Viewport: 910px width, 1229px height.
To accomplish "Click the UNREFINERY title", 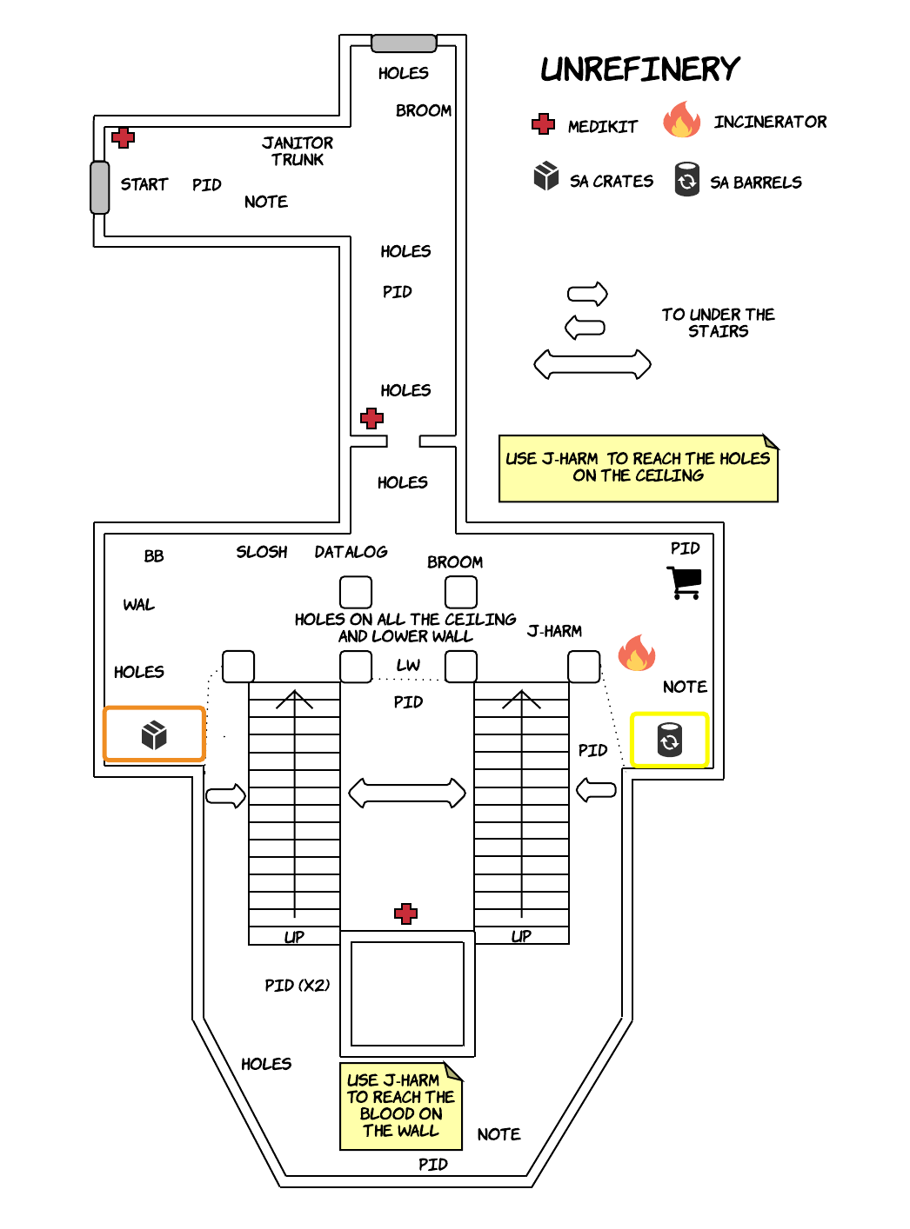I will tap(639, 69).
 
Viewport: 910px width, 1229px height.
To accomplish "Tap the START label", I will tap(144, 184).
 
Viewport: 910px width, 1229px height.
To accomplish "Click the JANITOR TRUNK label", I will tap(298, 150).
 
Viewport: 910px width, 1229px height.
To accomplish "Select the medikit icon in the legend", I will tap(544, 124).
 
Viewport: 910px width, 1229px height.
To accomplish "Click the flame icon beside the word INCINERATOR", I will tap(682, 121).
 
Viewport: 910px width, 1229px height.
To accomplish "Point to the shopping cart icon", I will tap(685, 582).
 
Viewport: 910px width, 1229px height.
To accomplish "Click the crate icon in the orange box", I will tap(154, 735).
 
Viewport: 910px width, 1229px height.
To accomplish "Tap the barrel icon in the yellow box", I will tap(669, 741).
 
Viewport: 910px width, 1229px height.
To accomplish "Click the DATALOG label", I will tap(351, 552).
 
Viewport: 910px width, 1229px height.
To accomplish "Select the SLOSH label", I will tap(261, 552).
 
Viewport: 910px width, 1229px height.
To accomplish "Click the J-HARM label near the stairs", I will tap(554, 631).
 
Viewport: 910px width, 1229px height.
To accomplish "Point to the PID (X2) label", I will tap(297, 985).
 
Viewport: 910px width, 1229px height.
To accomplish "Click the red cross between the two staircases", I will tap(405, 913).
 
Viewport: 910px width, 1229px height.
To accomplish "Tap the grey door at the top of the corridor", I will tap(404, 43).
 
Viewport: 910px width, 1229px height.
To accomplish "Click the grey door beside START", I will tap(100, 187).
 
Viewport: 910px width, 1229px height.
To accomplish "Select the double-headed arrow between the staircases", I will tap(406, 793).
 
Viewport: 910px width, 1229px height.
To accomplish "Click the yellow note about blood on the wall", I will tap(400, 1106).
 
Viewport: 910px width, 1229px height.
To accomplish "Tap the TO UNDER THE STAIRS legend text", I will tap(718, 322).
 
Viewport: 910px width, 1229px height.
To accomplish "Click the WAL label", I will tap(138, 605).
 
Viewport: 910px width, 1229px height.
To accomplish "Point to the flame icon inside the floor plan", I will tap(636, 653).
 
